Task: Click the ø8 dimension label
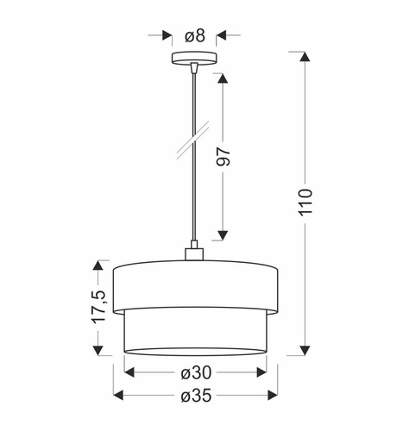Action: pos(194,35)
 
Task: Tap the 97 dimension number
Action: pos(224,157)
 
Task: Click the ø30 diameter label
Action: pos(195,373)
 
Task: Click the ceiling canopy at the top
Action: pos(194,59)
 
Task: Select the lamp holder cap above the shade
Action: pos(194,253)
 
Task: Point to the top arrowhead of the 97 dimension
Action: pos(222,78)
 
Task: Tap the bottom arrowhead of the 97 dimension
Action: pos(222,234)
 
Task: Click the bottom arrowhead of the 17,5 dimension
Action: pos(98,349)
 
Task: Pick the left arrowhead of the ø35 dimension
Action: pos(120,396)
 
